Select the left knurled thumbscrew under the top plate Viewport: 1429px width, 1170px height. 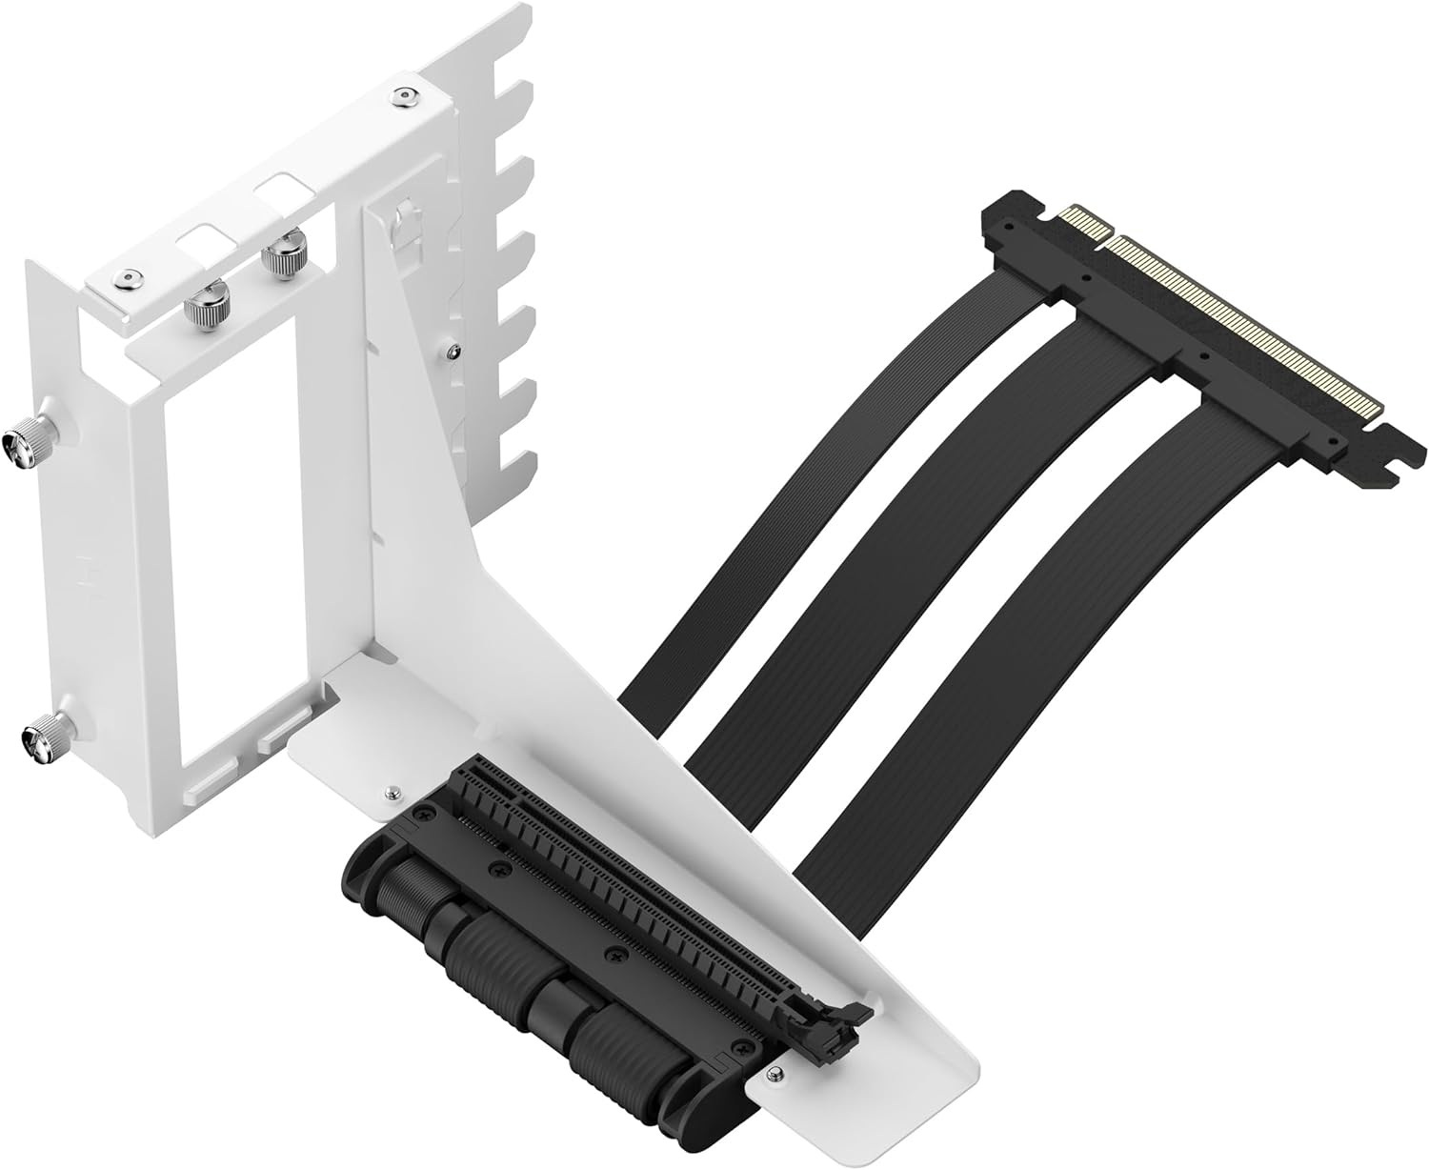(x=205, y=308)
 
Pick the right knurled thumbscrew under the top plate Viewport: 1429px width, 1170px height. (x=282, y=255)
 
